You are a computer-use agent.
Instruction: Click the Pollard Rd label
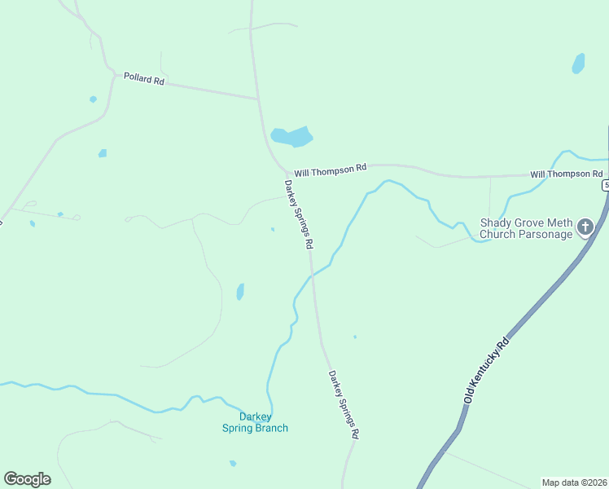point(144,79)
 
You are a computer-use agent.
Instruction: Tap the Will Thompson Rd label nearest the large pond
point(331,170)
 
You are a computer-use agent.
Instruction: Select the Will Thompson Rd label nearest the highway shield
point(566,174)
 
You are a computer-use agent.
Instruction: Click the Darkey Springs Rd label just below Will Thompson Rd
point(298,214)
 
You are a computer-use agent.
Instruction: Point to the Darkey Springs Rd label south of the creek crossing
point(344,405)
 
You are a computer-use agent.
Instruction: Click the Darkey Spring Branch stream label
point(255,422)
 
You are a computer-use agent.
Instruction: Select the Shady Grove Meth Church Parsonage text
point(525,228)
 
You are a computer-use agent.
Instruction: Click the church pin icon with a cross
point(585,227)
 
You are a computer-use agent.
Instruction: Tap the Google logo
point(27,479)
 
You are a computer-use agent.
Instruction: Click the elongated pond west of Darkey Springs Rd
point(240,291)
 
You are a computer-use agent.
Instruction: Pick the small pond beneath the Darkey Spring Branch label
point(233,463)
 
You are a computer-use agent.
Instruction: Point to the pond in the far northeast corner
point(578,63)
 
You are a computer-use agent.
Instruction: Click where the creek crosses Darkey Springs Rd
point(312,275)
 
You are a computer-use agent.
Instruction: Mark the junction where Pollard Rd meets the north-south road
point(258,99)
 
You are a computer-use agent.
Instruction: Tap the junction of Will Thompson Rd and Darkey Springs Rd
point(280,167)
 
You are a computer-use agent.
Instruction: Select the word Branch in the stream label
point(271,428)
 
